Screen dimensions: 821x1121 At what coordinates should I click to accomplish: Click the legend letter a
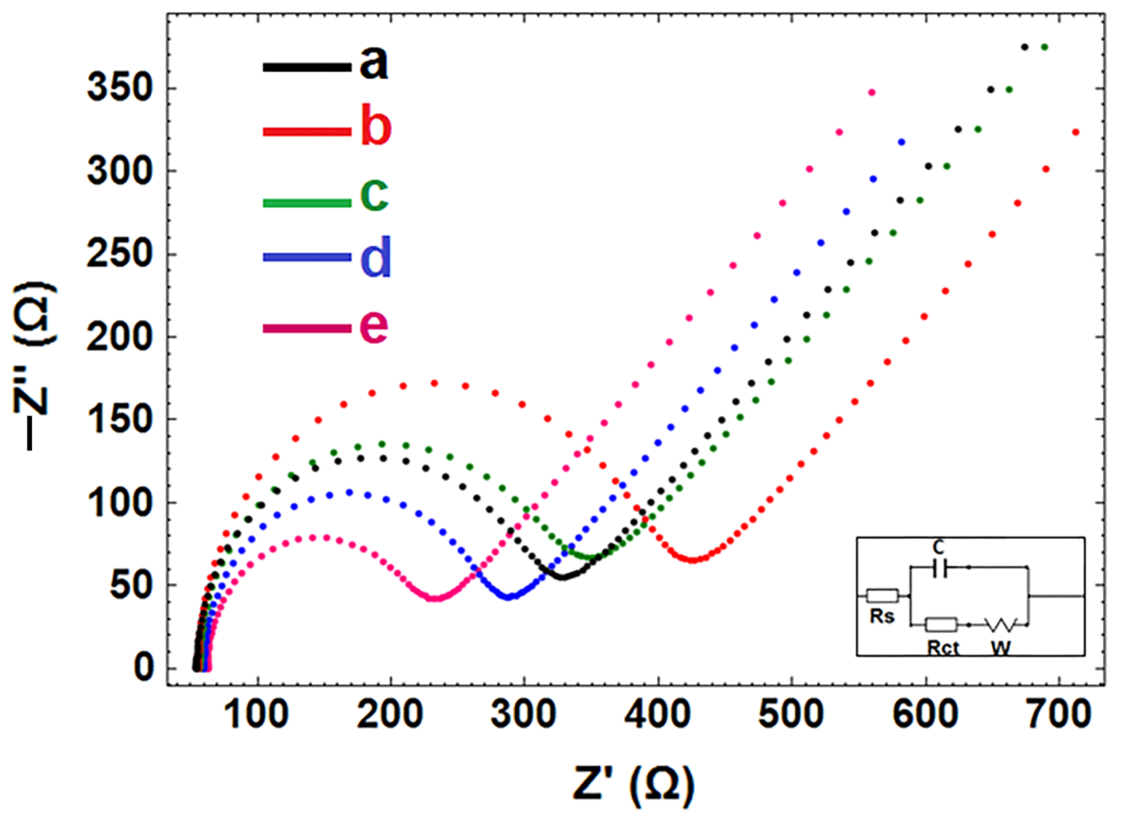click(x=373, y=65)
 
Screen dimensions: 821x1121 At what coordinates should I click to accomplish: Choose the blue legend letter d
click(x=375, y=257)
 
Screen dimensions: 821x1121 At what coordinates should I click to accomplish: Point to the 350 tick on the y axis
click(x=119, y=90)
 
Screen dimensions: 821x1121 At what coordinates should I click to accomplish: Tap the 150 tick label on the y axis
click(x=119, y=419)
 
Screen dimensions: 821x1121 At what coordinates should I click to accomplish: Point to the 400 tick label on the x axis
click(x=658, y=715)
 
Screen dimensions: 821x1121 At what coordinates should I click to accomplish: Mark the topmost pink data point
click(x=871, y=92)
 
